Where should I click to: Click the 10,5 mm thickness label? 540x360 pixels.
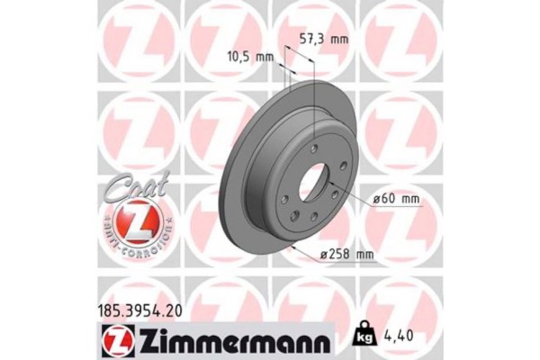pyautogui.click(x=250, y=57)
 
